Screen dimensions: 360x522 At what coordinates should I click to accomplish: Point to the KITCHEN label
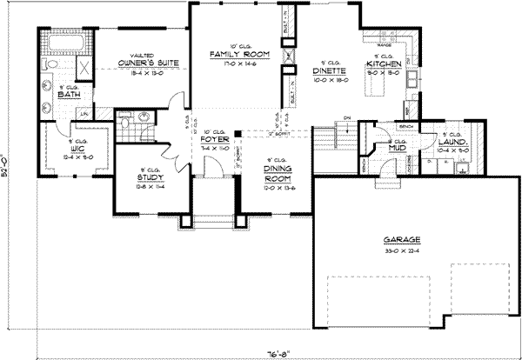[x=383, y=64]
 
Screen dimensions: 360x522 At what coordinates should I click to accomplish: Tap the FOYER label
[x=214, y=139]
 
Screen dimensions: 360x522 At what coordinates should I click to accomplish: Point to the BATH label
[x=69, y=95]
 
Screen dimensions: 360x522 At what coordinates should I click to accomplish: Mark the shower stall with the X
[x=86, y=68]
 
